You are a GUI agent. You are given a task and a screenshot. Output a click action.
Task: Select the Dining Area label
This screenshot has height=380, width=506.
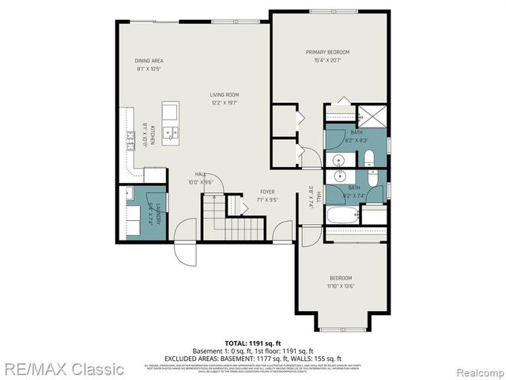tap(149, 60)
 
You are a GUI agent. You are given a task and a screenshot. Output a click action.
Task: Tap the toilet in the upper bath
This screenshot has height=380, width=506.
tap(368, 154)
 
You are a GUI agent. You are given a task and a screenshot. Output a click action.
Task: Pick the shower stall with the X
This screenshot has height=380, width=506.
tap(369, 116)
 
